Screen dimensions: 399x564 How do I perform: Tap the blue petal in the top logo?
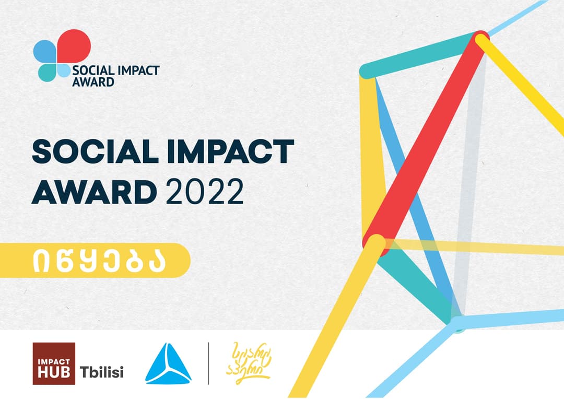click(x=44, y=52)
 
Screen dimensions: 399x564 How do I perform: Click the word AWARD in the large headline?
click(x=95, y=193)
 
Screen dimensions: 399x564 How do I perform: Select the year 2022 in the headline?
click(x=205, y=193)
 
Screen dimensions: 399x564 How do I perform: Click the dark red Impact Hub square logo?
click(x=54, y=363)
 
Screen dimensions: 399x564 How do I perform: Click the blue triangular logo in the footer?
click(x=168, y=364)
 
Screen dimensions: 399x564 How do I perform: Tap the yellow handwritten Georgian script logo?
click(x=248, y=360)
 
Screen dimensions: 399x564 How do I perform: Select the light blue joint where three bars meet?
click(x=457, y=324)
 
